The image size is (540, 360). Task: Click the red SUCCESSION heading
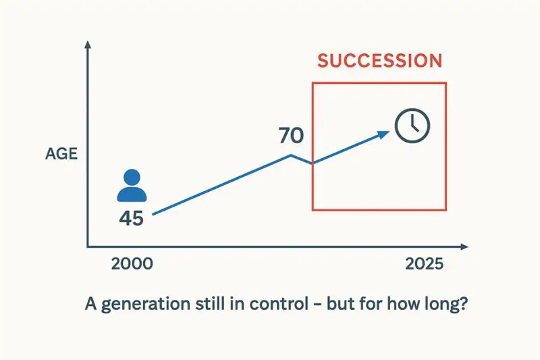coord(379,60)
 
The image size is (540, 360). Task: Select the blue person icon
coord(132,186)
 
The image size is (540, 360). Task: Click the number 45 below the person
coord(131,218)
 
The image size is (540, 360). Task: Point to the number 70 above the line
coord(291,136)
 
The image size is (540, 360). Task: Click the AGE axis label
coord(61,154)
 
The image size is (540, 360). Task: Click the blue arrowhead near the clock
coord(384,133)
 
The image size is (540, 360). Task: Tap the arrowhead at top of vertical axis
coord(87,45)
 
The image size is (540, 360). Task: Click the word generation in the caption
coord(142,303)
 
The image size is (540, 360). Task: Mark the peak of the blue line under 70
coord(291,155)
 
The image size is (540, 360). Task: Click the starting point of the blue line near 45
coord(154,215)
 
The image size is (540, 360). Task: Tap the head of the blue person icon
coord(132,178)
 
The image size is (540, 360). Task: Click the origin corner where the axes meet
coord(87,247)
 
